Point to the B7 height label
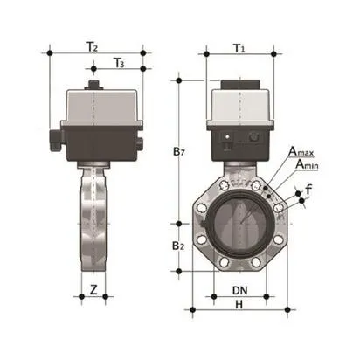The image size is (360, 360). (x=179, y=152)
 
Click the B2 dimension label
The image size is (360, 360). (x=178, y=246)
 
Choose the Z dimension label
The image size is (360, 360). (x=93, y=288)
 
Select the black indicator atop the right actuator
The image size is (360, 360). (x=239, y=85)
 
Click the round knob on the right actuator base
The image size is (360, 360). (x=254, y=137)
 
